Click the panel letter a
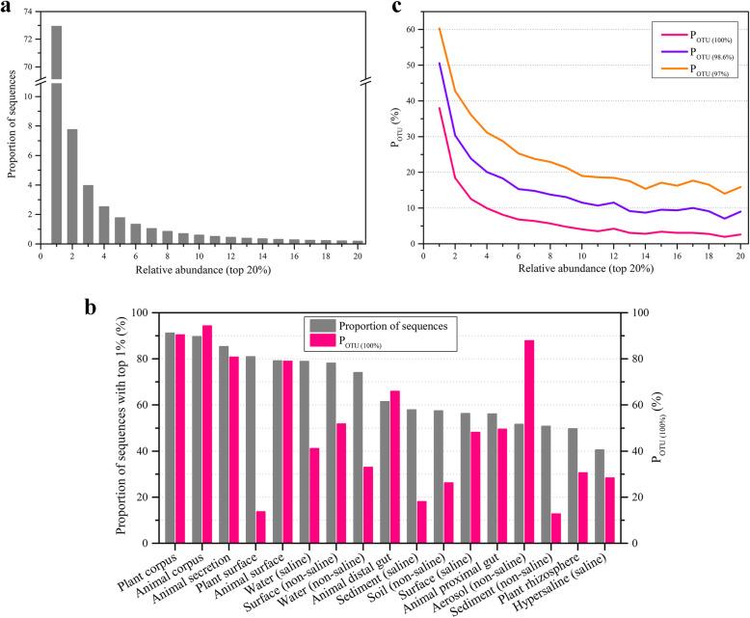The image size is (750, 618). (x=7, y=8)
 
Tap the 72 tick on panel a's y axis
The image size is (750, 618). (x=27, y=39)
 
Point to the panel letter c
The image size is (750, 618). (x=395, y=8)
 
